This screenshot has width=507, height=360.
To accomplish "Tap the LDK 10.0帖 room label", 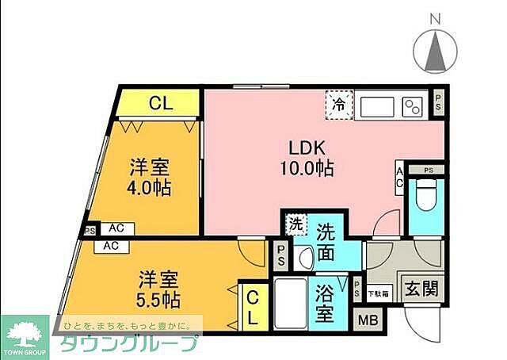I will (305, 158).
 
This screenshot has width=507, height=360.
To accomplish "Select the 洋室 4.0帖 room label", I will (151, 178).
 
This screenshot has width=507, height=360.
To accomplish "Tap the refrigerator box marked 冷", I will (338, 104).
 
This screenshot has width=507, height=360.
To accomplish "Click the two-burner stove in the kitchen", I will (412, 105).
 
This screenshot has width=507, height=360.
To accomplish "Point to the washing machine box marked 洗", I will (295, 224).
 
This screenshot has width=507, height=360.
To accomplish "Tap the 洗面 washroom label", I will (328, 243).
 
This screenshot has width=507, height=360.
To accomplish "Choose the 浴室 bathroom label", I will (323, 302).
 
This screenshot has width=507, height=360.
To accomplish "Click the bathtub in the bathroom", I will (291, 304).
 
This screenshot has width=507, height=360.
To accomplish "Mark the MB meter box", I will (367, 320).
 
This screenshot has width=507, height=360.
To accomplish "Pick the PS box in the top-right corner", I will (438, 99).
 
